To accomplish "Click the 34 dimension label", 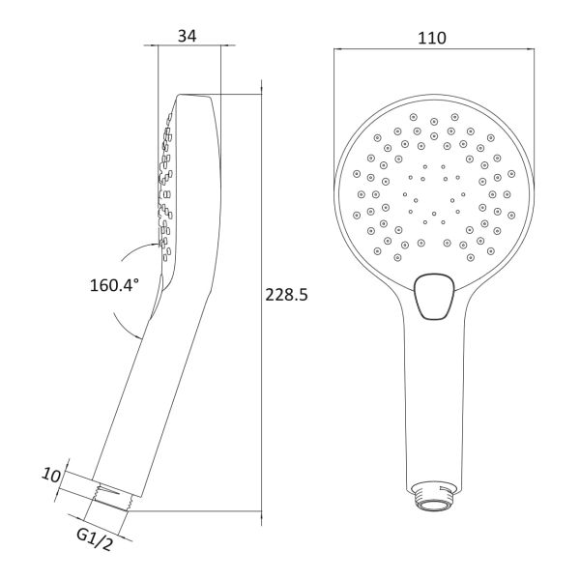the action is click(x=188, y=36).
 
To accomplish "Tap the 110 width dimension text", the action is click(x=432, y=38).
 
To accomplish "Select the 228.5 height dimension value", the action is click(x=286, y=295).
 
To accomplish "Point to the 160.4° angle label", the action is click(x=115, y=285).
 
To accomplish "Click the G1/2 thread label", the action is click(x=94, y=539).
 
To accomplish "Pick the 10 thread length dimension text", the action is click(x=50, y=476).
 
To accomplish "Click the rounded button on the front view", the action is click(x=434, y=297).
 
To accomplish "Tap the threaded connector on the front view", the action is click(x=434, y=496).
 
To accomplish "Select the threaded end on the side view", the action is click(x=110, y=499).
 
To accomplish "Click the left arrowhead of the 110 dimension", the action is click(x=336, y=48).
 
